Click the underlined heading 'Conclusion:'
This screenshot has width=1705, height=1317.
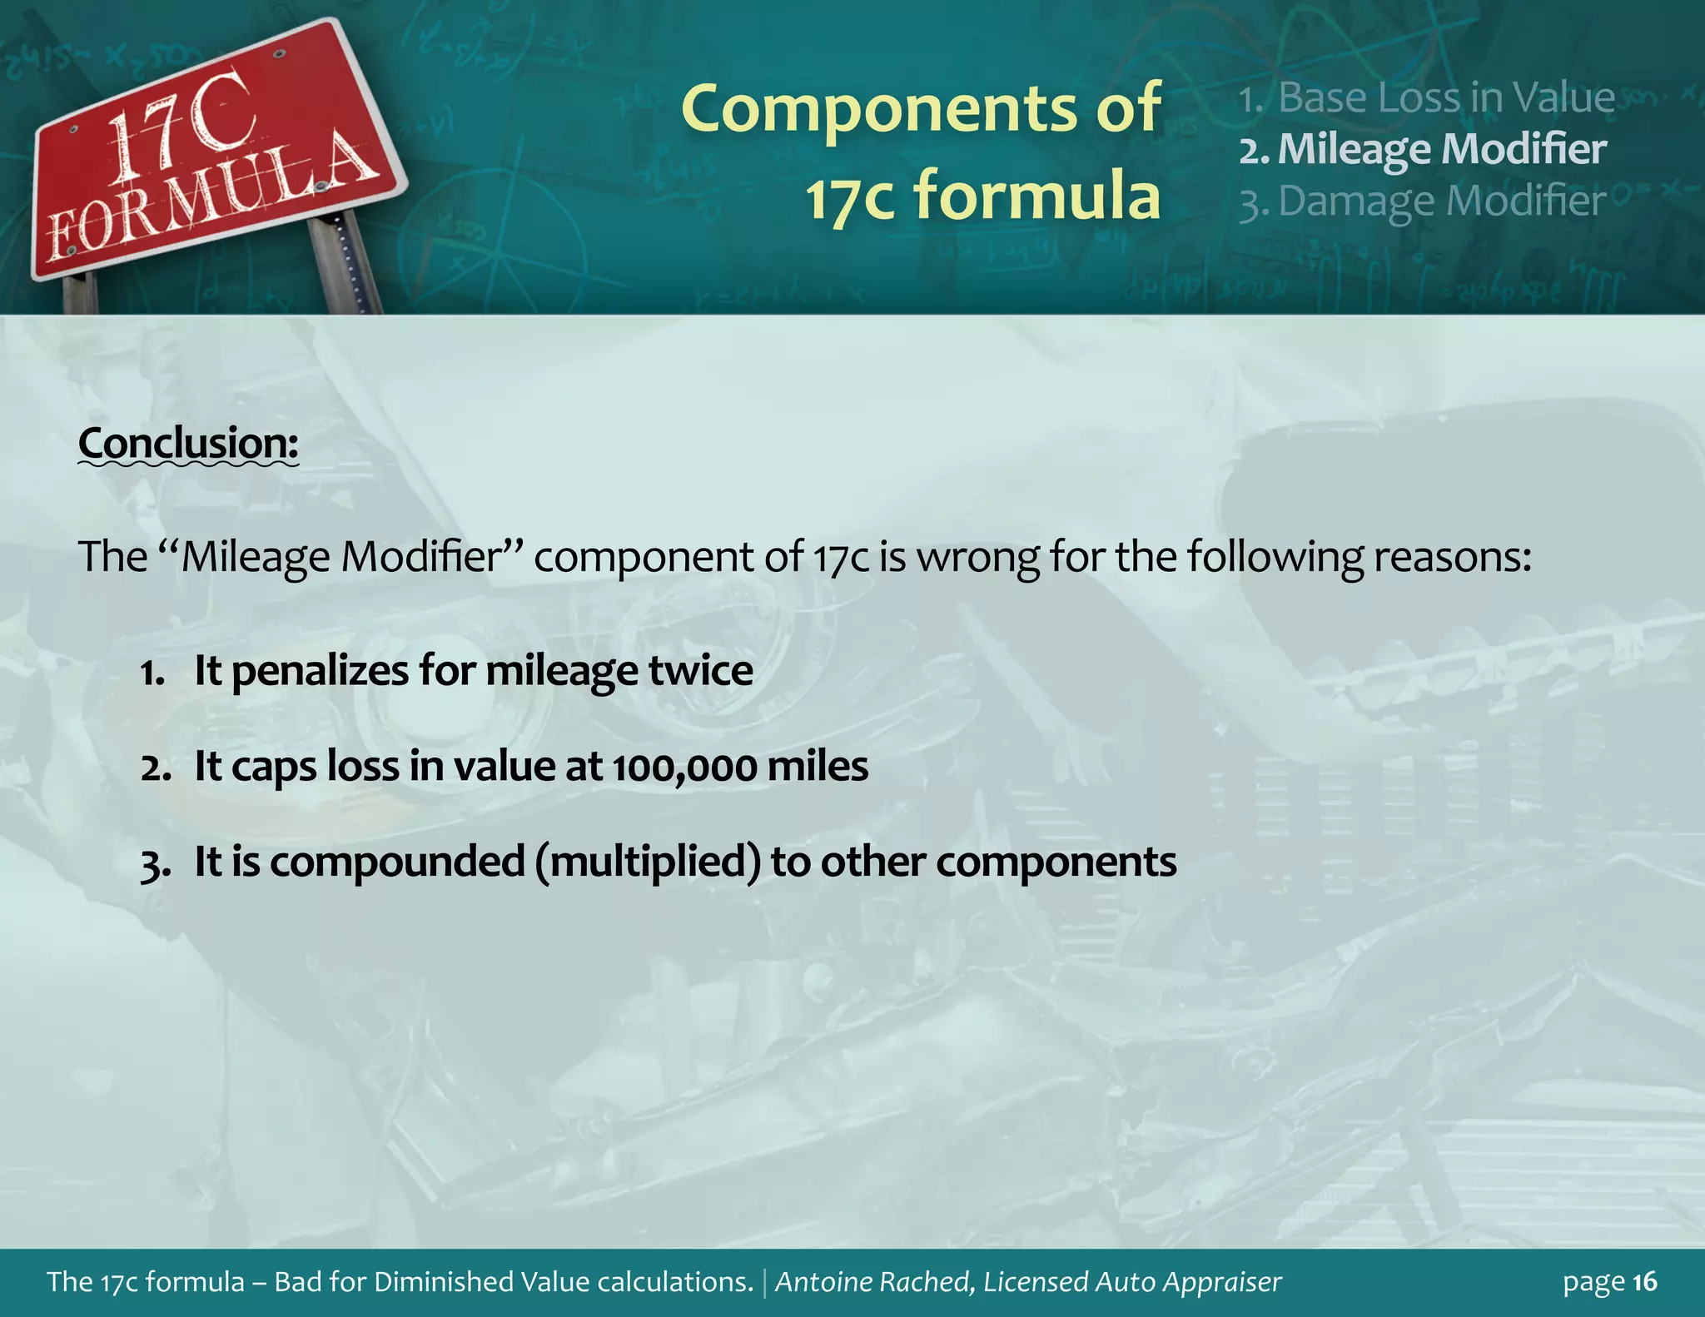coord(188,443)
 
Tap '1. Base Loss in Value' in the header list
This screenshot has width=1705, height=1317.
coord(1426,98)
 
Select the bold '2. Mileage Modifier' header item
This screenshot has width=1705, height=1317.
coord(1423,150)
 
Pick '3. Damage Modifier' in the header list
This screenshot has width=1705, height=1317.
coord(1422,201)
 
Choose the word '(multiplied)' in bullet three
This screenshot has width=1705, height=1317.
coord(649,862)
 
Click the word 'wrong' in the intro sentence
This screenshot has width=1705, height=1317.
coord(977,557)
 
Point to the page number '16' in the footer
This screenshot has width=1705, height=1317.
coord(1645,1282)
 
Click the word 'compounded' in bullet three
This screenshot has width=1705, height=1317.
coord(397,862)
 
